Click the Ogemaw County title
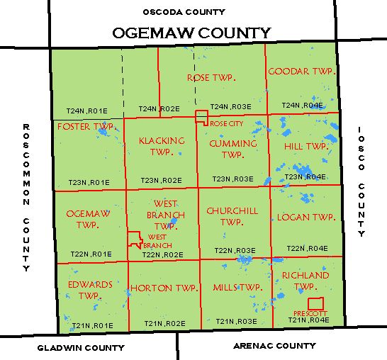click(x=191, y=33)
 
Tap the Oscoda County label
click(x=184, y=11)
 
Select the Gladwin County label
click(x=80, y=348)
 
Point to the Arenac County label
click(x=274, y=346)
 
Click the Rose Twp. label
click(x=210, y=77)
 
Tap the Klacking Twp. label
click(x=162, y=146)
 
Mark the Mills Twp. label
click(x=237, y=288)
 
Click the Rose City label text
click(x=226, y=123)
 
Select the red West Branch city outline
click(x=135, y=239)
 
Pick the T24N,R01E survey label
click(x=86, y=111)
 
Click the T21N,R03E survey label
click(x=236, y=321)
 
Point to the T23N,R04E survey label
click(x=305, y=176)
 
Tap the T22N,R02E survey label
click(x=162, y=254)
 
